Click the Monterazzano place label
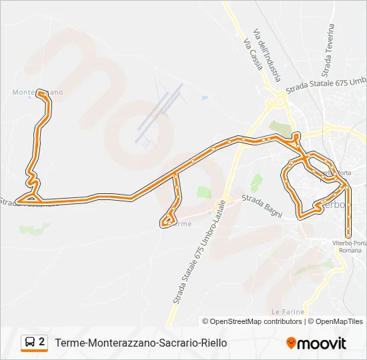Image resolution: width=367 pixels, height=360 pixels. tap(37, 92)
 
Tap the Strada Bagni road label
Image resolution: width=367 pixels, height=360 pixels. tap(262, 206)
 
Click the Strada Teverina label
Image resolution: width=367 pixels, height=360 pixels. tap(327, 51)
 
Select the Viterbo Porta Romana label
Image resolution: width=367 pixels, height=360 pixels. tap(351, 246)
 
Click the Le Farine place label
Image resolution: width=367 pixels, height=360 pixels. tap(288, 311)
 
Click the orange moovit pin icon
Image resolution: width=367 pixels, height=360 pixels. tap(291, 343)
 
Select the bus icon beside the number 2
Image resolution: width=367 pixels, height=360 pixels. tap(29, 343)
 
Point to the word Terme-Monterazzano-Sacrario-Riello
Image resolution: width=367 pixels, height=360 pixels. tap(141, 343)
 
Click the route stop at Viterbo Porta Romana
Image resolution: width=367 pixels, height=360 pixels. tap(348, 235)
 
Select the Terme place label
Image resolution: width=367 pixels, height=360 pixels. tap(181, 224)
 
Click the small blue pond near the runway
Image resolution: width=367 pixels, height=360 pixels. tap(204, 98)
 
